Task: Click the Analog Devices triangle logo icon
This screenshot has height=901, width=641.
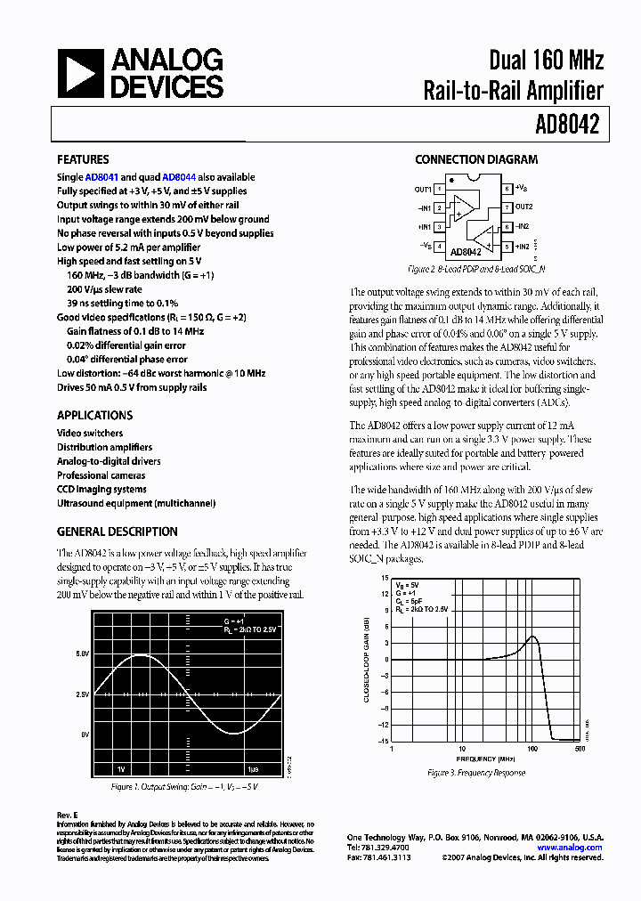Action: (x=80, y=73)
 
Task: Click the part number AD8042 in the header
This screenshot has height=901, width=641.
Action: (x=567, y=126)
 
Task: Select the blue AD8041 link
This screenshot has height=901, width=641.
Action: (x=101, y=177)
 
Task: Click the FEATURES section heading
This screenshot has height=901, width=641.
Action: (x=83, y=160)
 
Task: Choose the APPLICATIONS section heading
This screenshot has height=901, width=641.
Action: (x=94, y=416)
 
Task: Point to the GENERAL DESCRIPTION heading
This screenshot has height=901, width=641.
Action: (x=117, y=532)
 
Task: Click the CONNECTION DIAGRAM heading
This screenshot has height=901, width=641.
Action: (x=476, y=160)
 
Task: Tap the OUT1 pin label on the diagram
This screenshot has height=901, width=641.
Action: (x=422, y=189)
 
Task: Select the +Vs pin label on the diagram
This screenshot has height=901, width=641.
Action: (x=521, y=188)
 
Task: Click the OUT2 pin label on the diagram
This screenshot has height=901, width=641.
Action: (x=524, y=207)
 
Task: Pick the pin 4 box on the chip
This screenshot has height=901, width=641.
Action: (x=439, y=246)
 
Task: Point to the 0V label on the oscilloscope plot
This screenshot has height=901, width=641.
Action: (x=85, y=735)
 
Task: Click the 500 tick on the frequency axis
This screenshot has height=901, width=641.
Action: (x=580, y=750)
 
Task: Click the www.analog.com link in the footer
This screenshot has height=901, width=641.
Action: (x=570, y=848)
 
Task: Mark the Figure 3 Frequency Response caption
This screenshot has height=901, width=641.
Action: (x=476, y=773)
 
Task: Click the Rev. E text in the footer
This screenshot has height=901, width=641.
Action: (x=68, y=815)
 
